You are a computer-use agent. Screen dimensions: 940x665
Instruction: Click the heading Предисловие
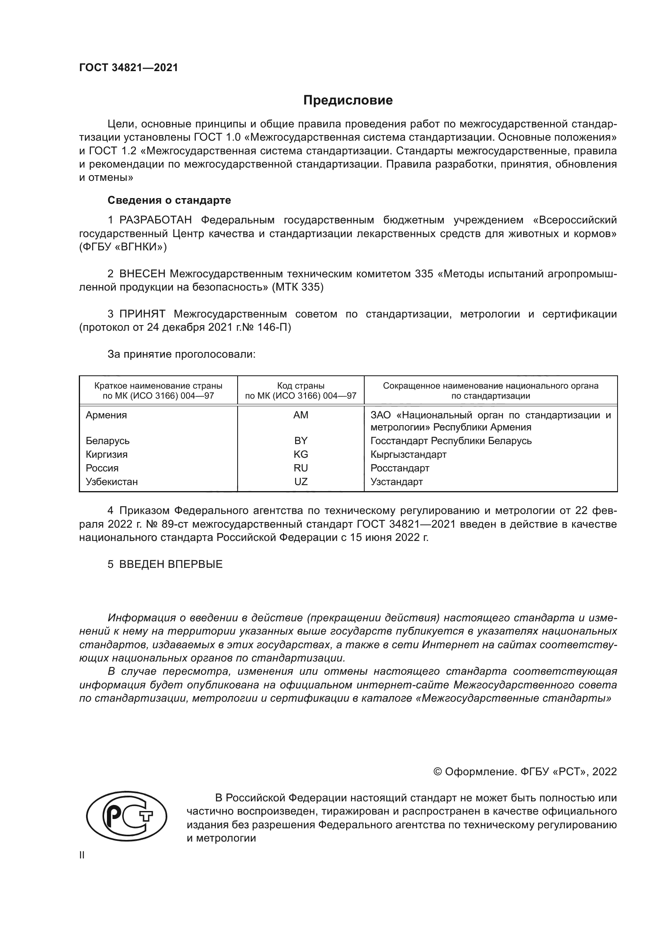[348, 100]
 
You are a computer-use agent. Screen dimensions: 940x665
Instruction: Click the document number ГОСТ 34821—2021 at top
[129, 68]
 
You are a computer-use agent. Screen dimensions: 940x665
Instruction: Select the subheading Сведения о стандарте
[169, 200]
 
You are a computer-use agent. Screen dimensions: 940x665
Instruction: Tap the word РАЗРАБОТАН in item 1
[156, 220]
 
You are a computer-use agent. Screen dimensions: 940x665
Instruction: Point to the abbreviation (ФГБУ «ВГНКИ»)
[123, 247]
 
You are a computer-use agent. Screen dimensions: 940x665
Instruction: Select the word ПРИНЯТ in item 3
[142, 314]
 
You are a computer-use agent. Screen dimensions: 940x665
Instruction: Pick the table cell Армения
[107, 415]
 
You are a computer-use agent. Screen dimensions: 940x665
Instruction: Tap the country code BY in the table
[301, 441]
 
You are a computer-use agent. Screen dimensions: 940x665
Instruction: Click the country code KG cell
[301, 455]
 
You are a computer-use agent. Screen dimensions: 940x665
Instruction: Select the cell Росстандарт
[400, 468]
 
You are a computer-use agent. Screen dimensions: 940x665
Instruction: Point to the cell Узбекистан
[112, 481]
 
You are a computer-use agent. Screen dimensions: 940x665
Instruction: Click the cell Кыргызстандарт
[408, 455]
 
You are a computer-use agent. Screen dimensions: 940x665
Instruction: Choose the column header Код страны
[301, 386]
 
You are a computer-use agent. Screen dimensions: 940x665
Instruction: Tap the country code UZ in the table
[301, 481]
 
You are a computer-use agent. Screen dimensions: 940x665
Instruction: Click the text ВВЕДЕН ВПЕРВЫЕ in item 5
[171, 564]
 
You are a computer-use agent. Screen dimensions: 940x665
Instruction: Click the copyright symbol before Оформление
[437, 772]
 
